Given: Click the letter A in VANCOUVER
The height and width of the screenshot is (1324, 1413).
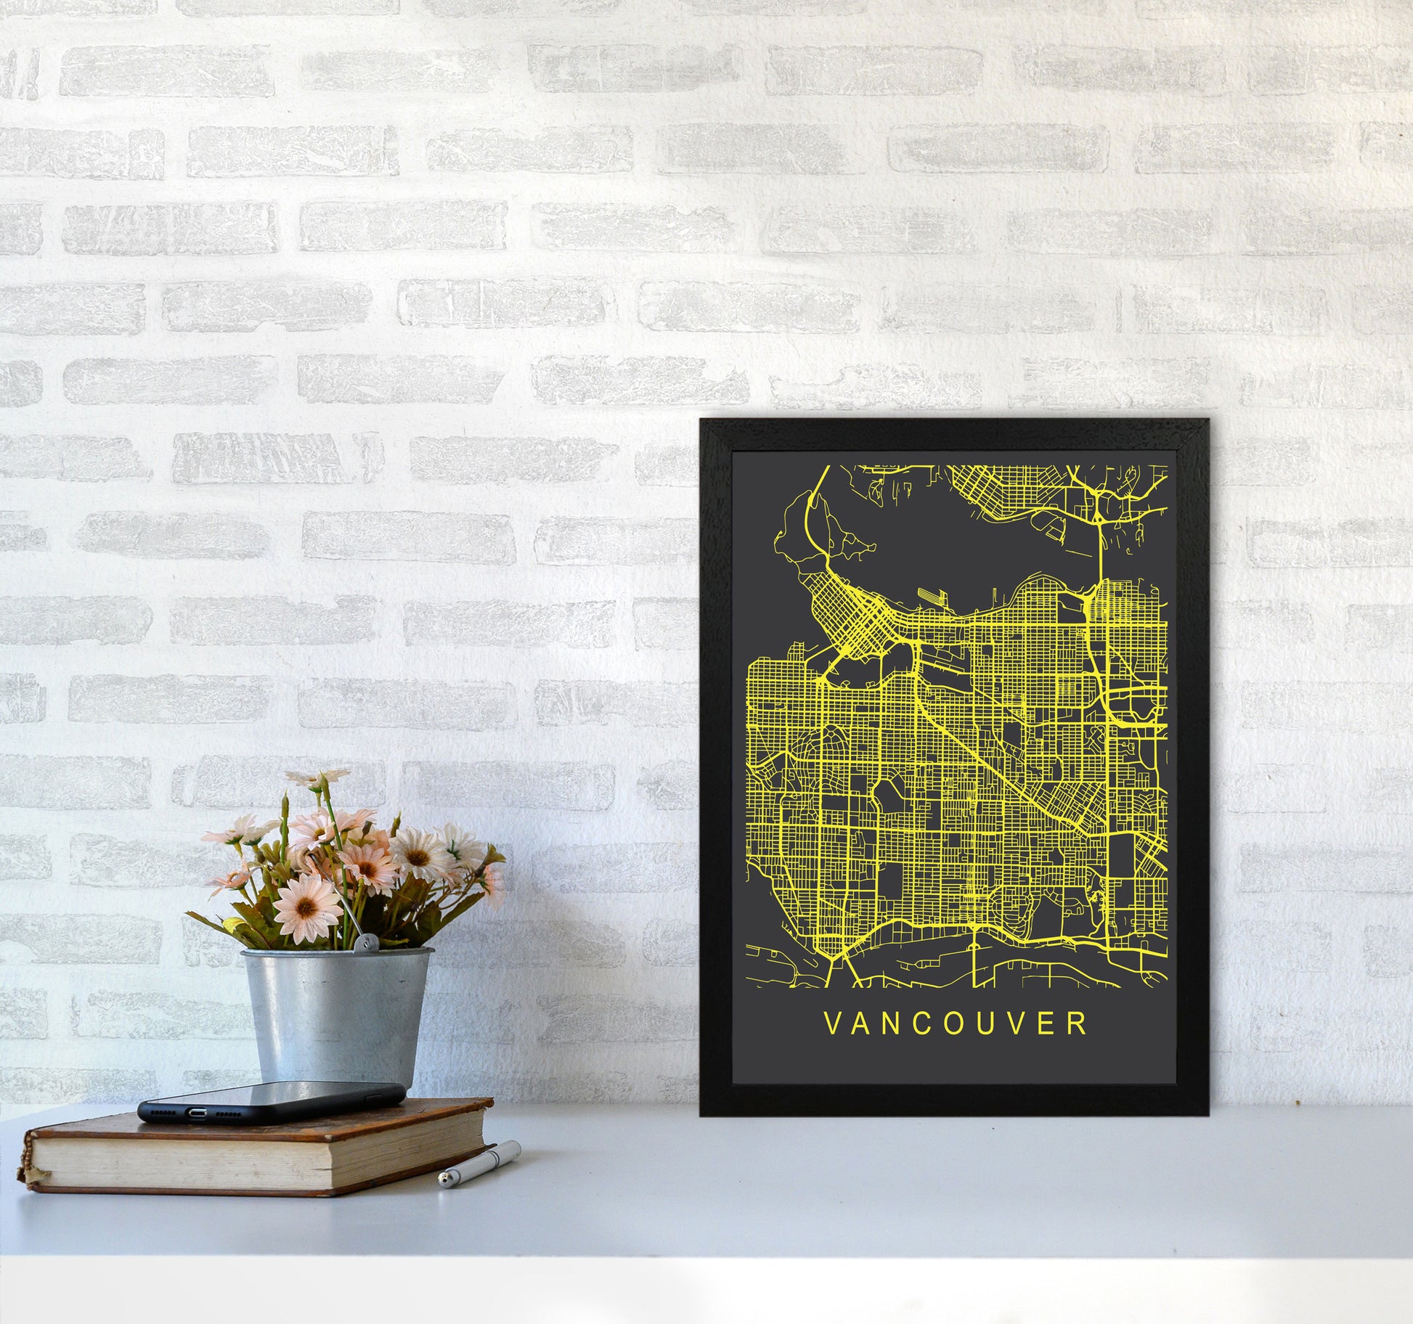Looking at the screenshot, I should coord(860,1023).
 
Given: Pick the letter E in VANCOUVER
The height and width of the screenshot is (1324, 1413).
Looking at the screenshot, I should coord(1051,1023).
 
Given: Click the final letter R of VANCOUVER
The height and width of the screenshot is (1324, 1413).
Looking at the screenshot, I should coord(1080,1023).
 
